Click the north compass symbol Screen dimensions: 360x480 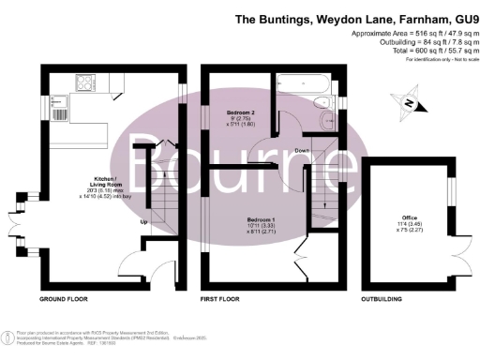(x=411, y=102)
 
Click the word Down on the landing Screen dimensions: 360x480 (x=302, y=150)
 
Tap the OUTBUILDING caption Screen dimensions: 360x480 (x=386, y=301)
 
